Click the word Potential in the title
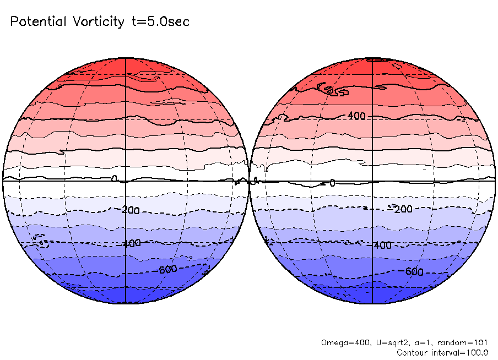coord(37,22)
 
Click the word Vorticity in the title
coord(98,22)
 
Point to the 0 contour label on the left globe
coord(114,179)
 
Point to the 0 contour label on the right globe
coord(332,182)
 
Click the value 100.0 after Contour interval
coord(477,352)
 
